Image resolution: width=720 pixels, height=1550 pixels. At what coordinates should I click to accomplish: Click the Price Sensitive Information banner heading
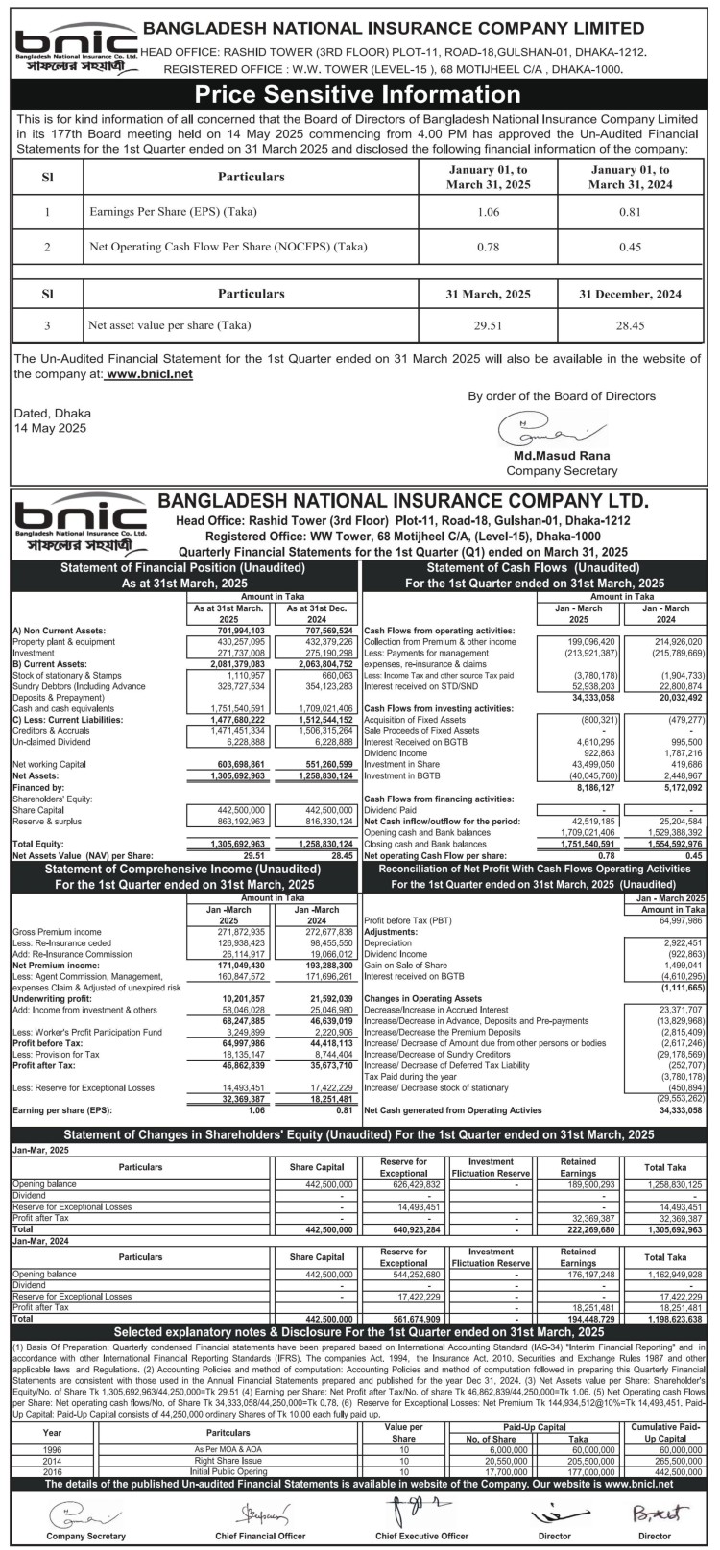pyautogui.click(x=359, y=94)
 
